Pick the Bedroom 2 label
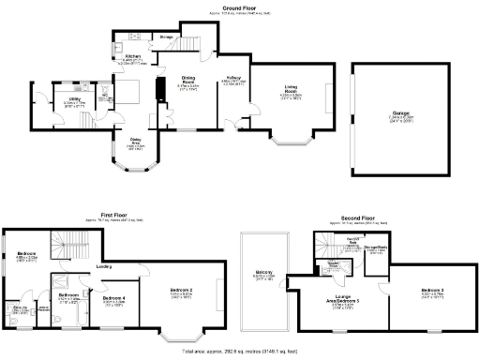tap(182, 291)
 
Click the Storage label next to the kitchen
tap(166, 37)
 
